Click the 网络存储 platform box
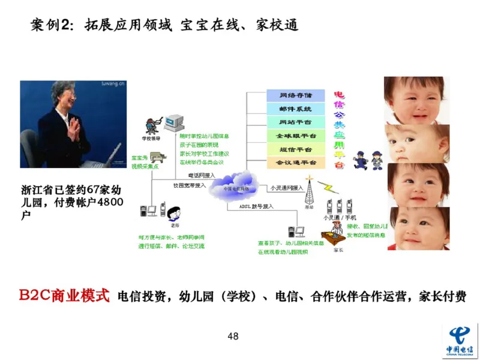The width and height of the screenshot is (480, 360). click(295, 95)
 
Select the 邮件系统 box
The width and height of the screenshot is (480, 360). click(295, 109)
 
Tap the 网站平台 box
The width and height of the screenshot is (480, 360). click(295, 122)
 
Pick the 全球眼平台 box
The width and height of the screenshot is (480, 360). click(295, 136)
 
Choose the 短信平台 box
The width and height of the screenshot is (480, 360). click(295, 149)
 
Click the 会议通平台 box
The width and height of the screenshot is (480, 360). click(295, 163)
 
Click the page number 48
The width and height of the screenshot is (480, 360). click(233, 336)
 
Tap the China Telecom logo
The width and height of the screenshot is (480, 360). click(460, 340)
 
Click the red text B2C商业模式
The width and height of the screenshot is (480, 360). click(64, 296)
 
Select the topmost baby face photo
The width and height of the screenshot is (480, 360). click(415, 98)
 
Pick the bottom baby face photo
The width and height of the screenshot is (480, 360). click(415, 228)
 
